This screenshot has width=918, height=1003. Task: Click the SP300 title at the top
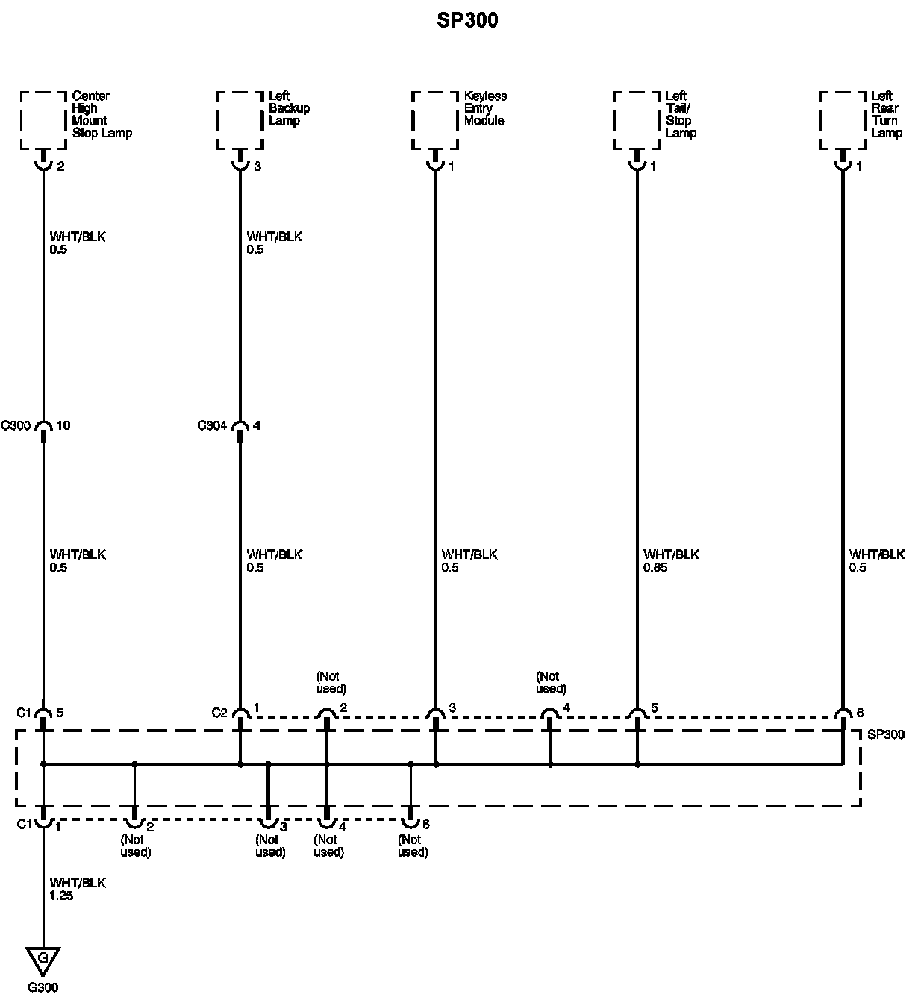(x=467, y=20)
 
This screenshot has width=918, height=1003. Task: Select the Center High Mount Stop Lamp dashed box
(x=43, y=120)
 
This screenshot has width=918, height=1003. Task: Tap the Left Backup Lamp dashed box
(x=240, y=120)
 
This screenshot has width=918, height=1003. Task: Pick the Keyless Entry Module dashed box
(x=435, y=120)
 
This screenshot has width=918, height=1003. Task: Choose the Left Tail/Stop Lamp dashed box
(x=637, y=120)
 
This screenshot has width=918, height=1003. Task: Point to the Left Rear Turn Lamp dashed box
(x=843, y=120)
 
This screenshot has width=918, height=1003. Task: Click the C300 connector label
(x=16, y=426)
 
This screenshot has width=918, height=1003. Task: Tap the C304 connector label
(x=213, y=426)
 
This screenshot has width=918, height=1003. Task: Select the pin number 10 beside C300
(x=63, y=426)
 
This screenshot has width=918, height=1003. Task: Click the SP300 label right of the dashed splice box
(x=886, y=735)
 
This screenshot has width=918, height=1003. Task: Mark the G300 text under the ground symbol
(x=43, y=988)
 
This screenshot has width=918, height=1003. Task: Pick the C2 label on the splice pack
(x=219, y=713)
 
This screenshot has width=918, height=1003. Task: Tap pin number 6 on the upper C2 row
(x=861, y=713)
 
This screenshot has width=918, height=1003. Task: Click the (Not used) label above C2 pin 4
(x=551, y=682)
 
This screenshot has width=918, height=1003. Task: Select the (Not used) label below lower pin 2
(x=135, y=846)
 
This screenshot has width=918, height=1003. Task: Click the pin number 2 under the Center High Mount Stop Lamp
(x=60, y=167)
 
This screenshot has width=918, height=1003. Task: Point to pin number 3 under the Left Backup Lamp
(x=257, y=167)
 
